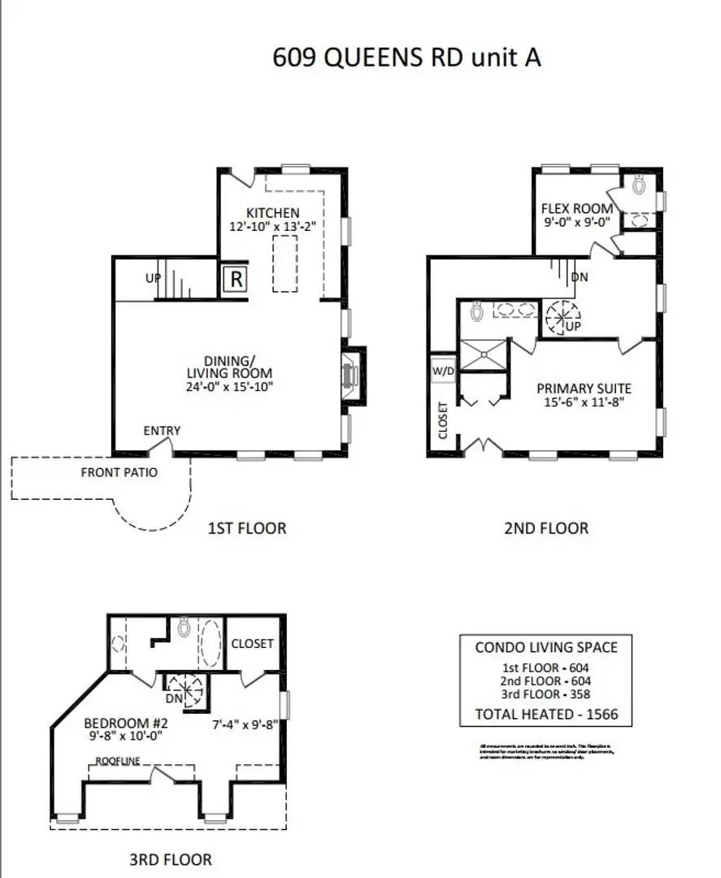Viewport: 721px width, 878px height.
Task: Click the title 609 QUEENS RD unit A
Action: coord(406,58)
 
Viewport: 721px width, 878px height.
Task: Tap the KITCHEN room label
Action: coord(272,213)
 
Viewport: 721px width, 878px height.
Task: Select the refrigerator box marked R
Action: coord(236,280)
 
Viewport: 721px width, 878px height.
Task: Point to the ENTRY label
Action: coord(162,431)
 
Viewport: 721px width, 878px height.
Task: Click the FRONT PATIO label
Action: coord(119,472)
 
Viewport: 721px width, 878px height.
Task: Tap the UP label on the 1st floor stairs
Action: coord(152,278)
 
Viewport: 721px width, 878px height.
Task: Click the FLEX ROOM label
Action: coord(577,208)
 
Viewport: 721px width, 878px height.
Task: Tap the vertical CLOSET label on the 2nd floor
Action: coord(443,419)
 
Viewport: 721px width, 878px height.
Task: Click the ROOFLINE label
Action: coord(118,761)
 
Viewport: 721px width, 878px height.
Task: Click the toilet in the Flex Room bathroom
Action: coord(639,185)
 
